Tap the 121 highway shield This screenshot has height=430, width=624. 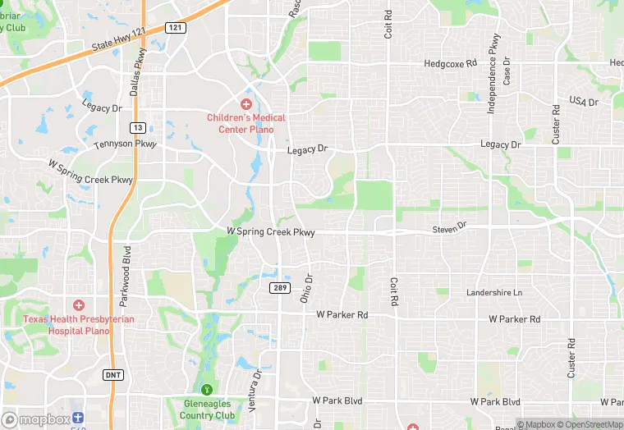tap(175, 28)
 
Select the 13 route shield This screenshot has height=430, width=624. tap(139, 127)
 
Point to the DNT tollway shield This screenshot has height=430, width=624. tap(113, 374)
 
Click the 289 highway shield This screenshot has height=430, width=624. tap(280, 288)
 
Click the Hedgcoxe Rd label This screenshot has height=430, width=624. tap(450, 63)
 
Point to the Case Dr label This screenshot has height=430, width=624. tap(507, 71)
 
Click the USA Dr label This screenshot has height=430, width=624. tap(585, 102)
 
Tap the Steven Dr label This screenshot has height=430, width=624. tap(449, 226)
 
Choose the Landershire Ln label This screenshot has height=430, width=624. tap(494, 293)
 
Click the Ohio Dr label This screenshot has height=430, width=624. tap(305, 289)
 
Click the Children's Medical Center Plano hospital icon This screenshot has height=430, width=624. tap(245, 104)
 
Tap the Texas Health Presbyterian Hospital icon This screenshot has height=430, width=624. tap(79, 305)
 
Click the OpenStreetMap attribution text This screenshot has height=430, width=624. tap(590, 424)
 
